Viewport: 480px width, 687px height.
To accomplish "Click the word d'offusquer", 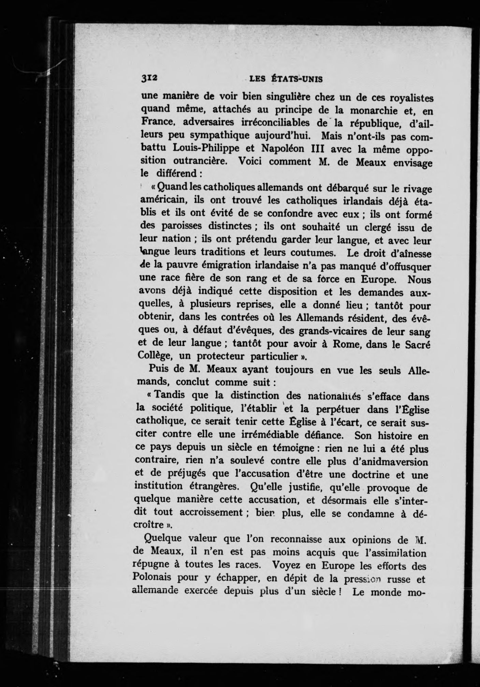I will pyautogui.click(x=404, y=266).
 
